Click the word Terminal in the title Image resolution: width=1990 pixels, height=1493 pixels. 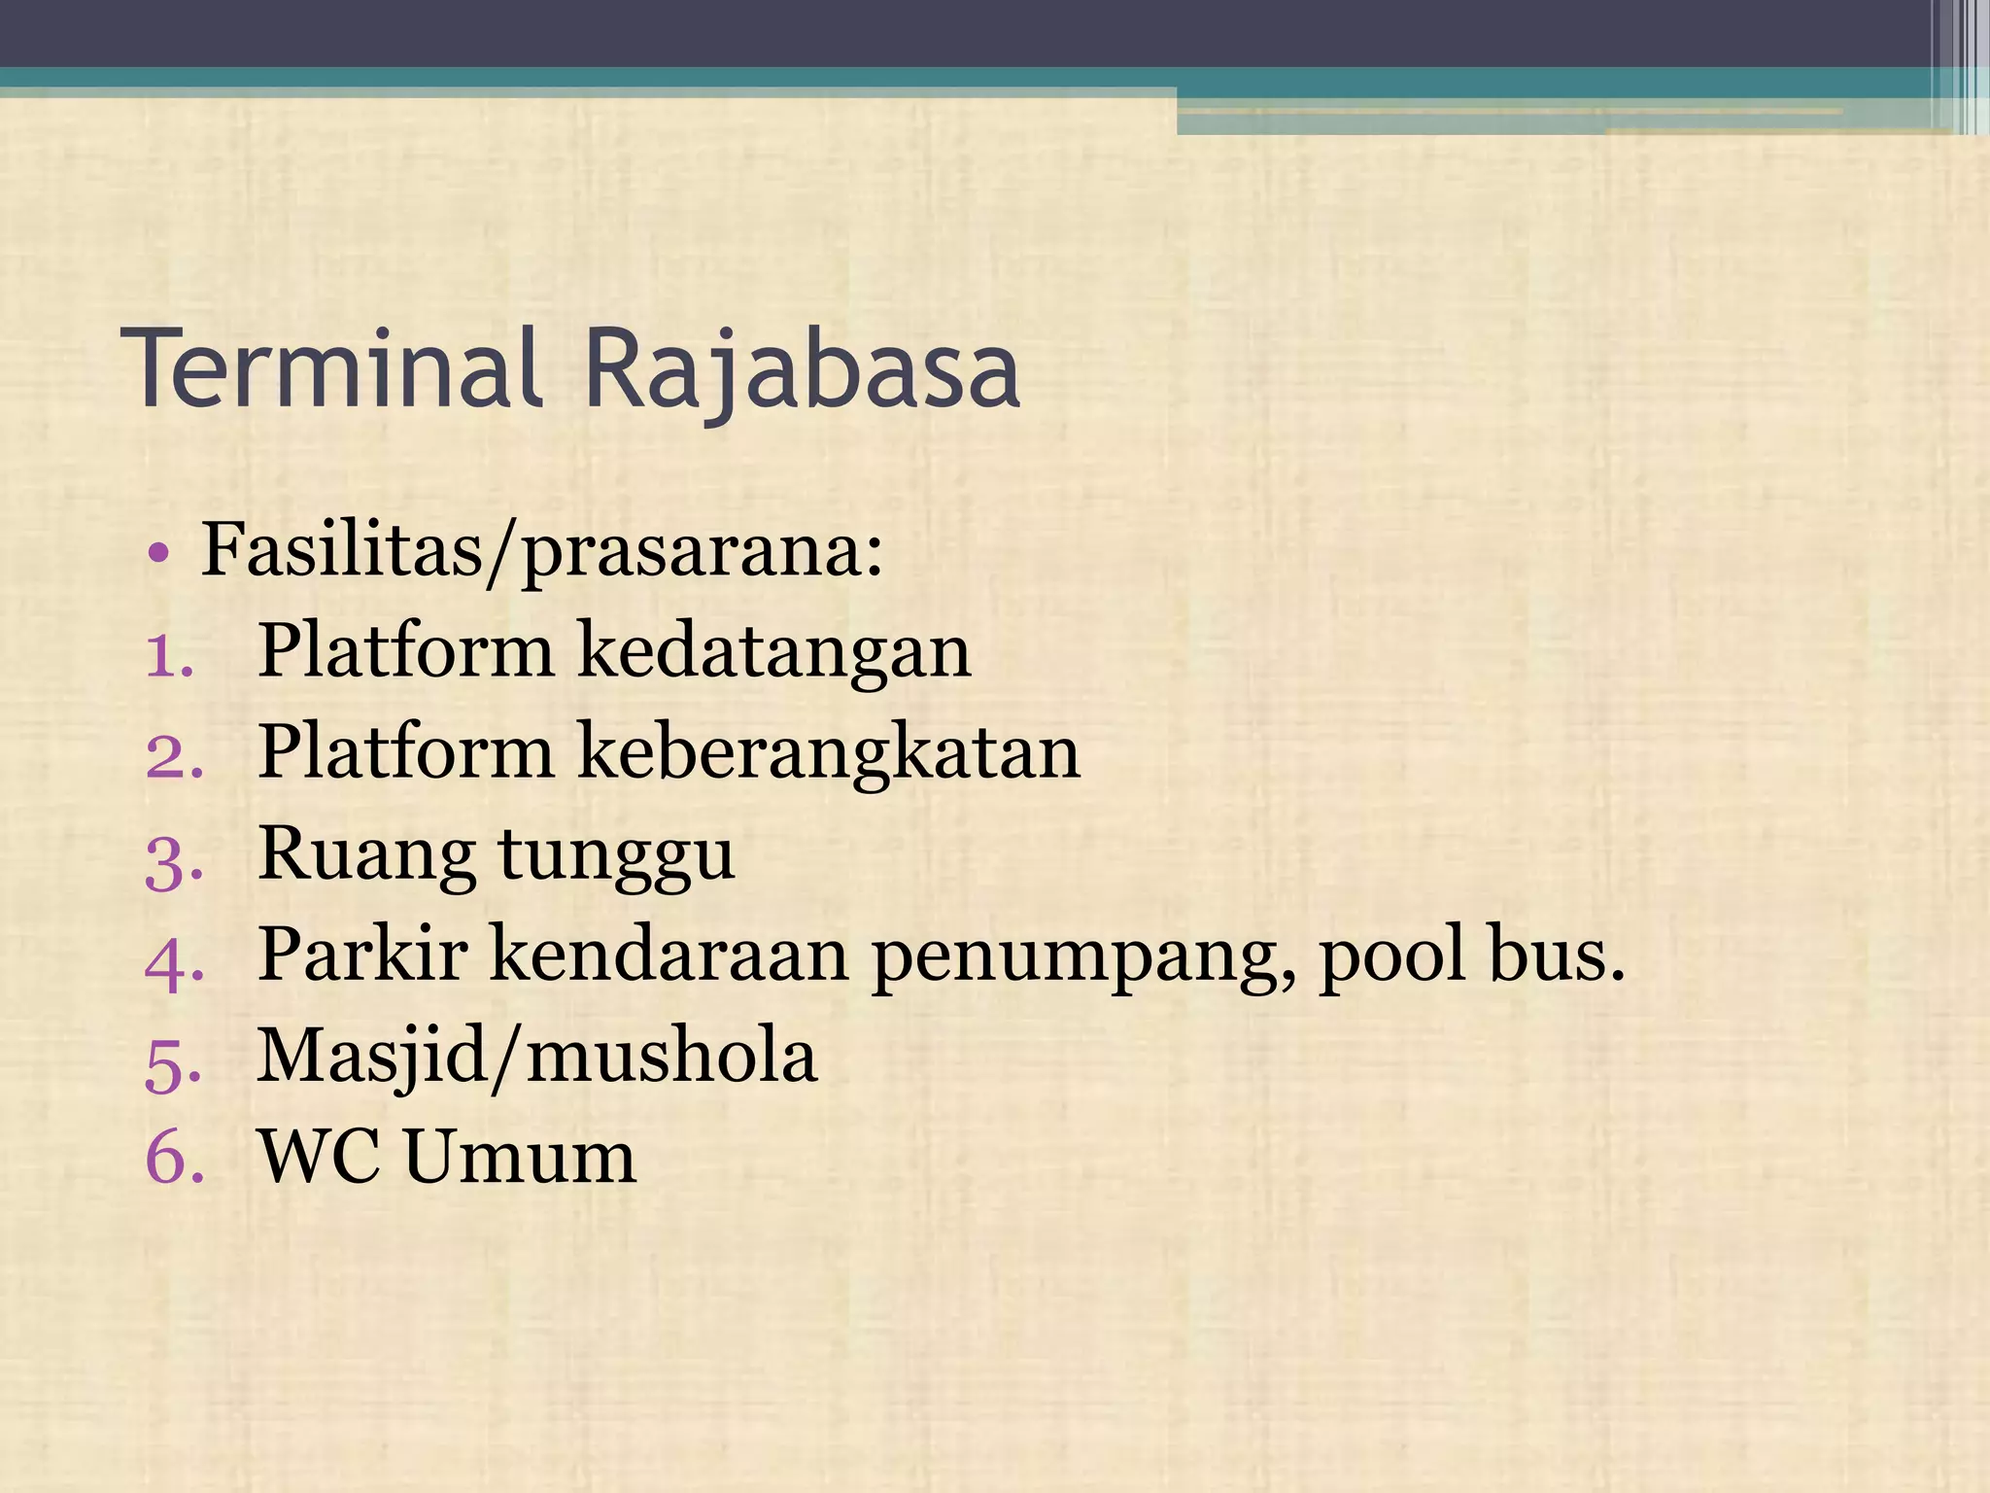pyautogui.click(x=336, y=369)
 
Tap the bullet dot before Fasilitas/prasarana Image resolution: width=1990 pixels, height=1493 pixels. pyautogui.click(x=159, y=555)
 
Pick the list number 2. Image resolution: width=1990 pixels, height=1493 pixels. pyautogui.click(x=174, y=756)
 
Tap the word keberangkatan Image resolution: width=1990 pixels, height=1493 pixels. pyautogui.click(x=829, y=754)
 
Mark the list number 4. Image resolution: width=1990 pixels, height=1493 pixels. pyautogui.click(x=174, y=960)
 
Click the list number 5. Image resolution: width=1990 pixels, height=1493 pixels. pyautogui.click(x=173, y=1062)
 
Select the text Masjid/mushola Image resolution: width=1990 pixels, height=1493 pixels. pyautogui.click(x=536, y=1059)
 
